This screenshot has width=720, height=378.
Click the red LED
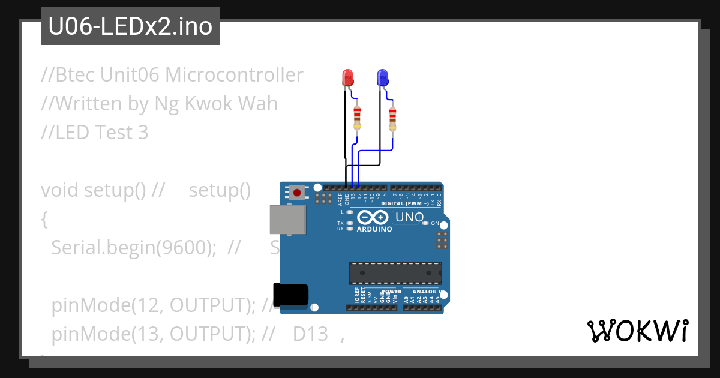[347, 77]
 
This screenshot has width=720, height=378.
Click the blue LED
[382, 77]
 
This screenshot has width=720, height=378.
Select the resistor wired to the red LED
[358, 117]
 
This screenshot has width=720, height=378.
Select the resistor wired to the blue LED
[392, 118]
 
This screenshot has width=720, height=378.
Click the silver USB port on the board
[287, 220]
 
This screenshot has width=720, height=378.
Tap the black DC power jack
[290, 294]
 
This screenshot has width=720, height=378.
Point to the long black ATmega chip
[395, 272]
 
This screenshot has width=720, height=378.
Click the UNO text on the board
[410, 217]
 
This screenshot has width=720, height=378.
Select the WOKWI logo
[637, 331]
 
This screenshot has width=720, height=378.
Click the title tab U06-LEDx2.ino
[130, 26]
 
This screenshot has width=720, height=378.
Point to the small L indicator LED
[350, 212]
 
